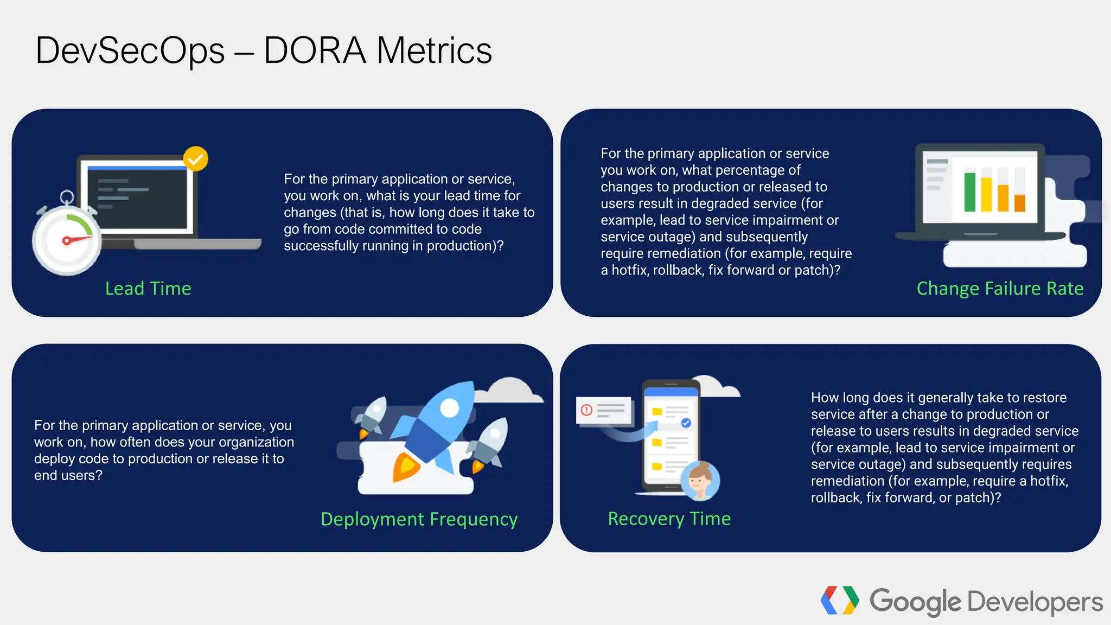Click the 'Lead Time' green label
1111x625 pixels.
coord(148,289)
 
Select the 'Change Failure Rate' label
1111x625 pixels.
coord(1000,289)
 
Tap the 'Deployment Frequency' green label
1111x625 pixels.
coord(419,519)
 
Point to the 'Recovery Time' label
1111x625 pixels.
coord(669,519)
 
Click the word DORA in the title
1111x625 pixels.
coord(315,50)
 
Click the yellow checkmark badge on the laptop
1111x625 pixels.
coord(195,159)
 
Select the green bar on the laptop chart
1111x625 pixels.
coord(969,192)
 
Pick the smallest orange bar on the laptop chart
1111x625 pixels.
coord(1020,203)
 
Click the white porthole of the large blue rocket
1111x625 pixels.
coord(449,407)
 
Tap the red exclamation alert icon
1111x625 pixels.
coord(586,410)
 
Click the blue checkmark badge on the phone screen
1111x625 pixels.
coord(686,423)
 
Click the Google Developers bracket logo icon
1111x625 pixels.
coord(839,601)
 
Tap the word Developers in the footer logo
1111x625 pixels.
coord(1035,602)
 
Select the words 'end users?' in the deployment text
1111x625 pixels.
coord(68,476)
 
